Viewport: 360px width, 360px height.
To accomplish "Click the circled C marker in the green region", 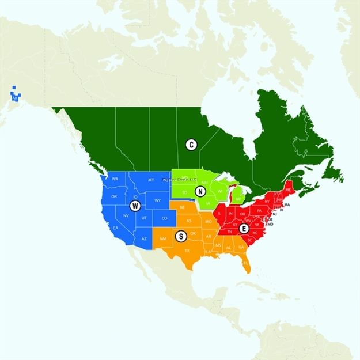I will (191, 145).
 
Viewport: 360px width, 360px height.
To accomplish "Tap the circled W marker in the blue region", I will (135, 206).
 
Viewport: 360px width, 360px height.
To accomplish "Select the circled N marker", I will (200, 192).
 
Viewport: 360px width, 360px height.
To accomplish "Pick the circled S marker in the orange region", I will (181, 236).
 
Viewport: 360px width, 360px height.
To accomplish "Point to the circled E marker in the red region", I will (244, 229).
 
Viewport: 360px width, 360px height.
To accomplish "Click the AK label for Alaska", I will (15, 98).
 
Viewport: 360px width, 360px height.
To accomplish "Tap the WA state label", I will (115, 179).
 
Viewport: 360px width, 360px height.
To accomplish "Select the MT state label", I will (151, 180).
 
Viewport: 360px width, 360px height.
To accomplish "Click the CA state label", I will (115, 228).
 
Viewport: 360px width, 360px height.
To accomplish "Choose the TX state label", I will (187, 251).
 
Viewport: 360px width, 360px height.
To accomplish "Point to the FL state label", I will (245, 263).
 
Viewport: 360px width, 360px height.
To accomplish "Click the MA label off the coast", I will (287, 205).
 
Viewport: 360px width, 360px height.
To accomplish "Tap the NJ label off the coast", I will (275, 214).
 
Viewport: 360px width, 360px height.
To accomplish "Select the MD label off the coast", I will (270, 224).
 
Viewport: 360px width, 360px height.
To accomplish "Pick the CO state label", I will (164, 218).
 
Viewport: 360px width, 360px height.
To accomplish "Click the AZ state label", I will (144, 238).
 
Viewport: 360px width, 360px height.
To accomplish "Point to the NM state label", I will (162, 238).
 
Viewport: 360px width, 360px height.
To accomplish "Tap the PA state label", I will (259, 210).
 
